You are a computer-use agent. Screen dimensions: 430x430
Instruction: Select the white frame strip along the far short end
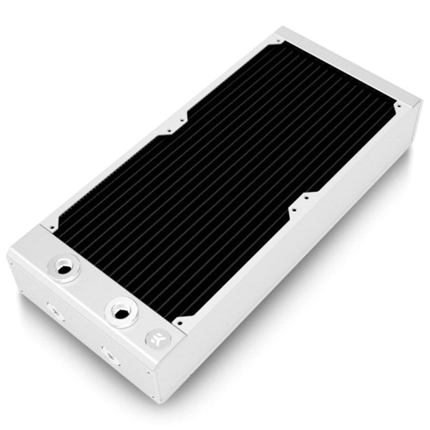(x=344, y=70)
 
